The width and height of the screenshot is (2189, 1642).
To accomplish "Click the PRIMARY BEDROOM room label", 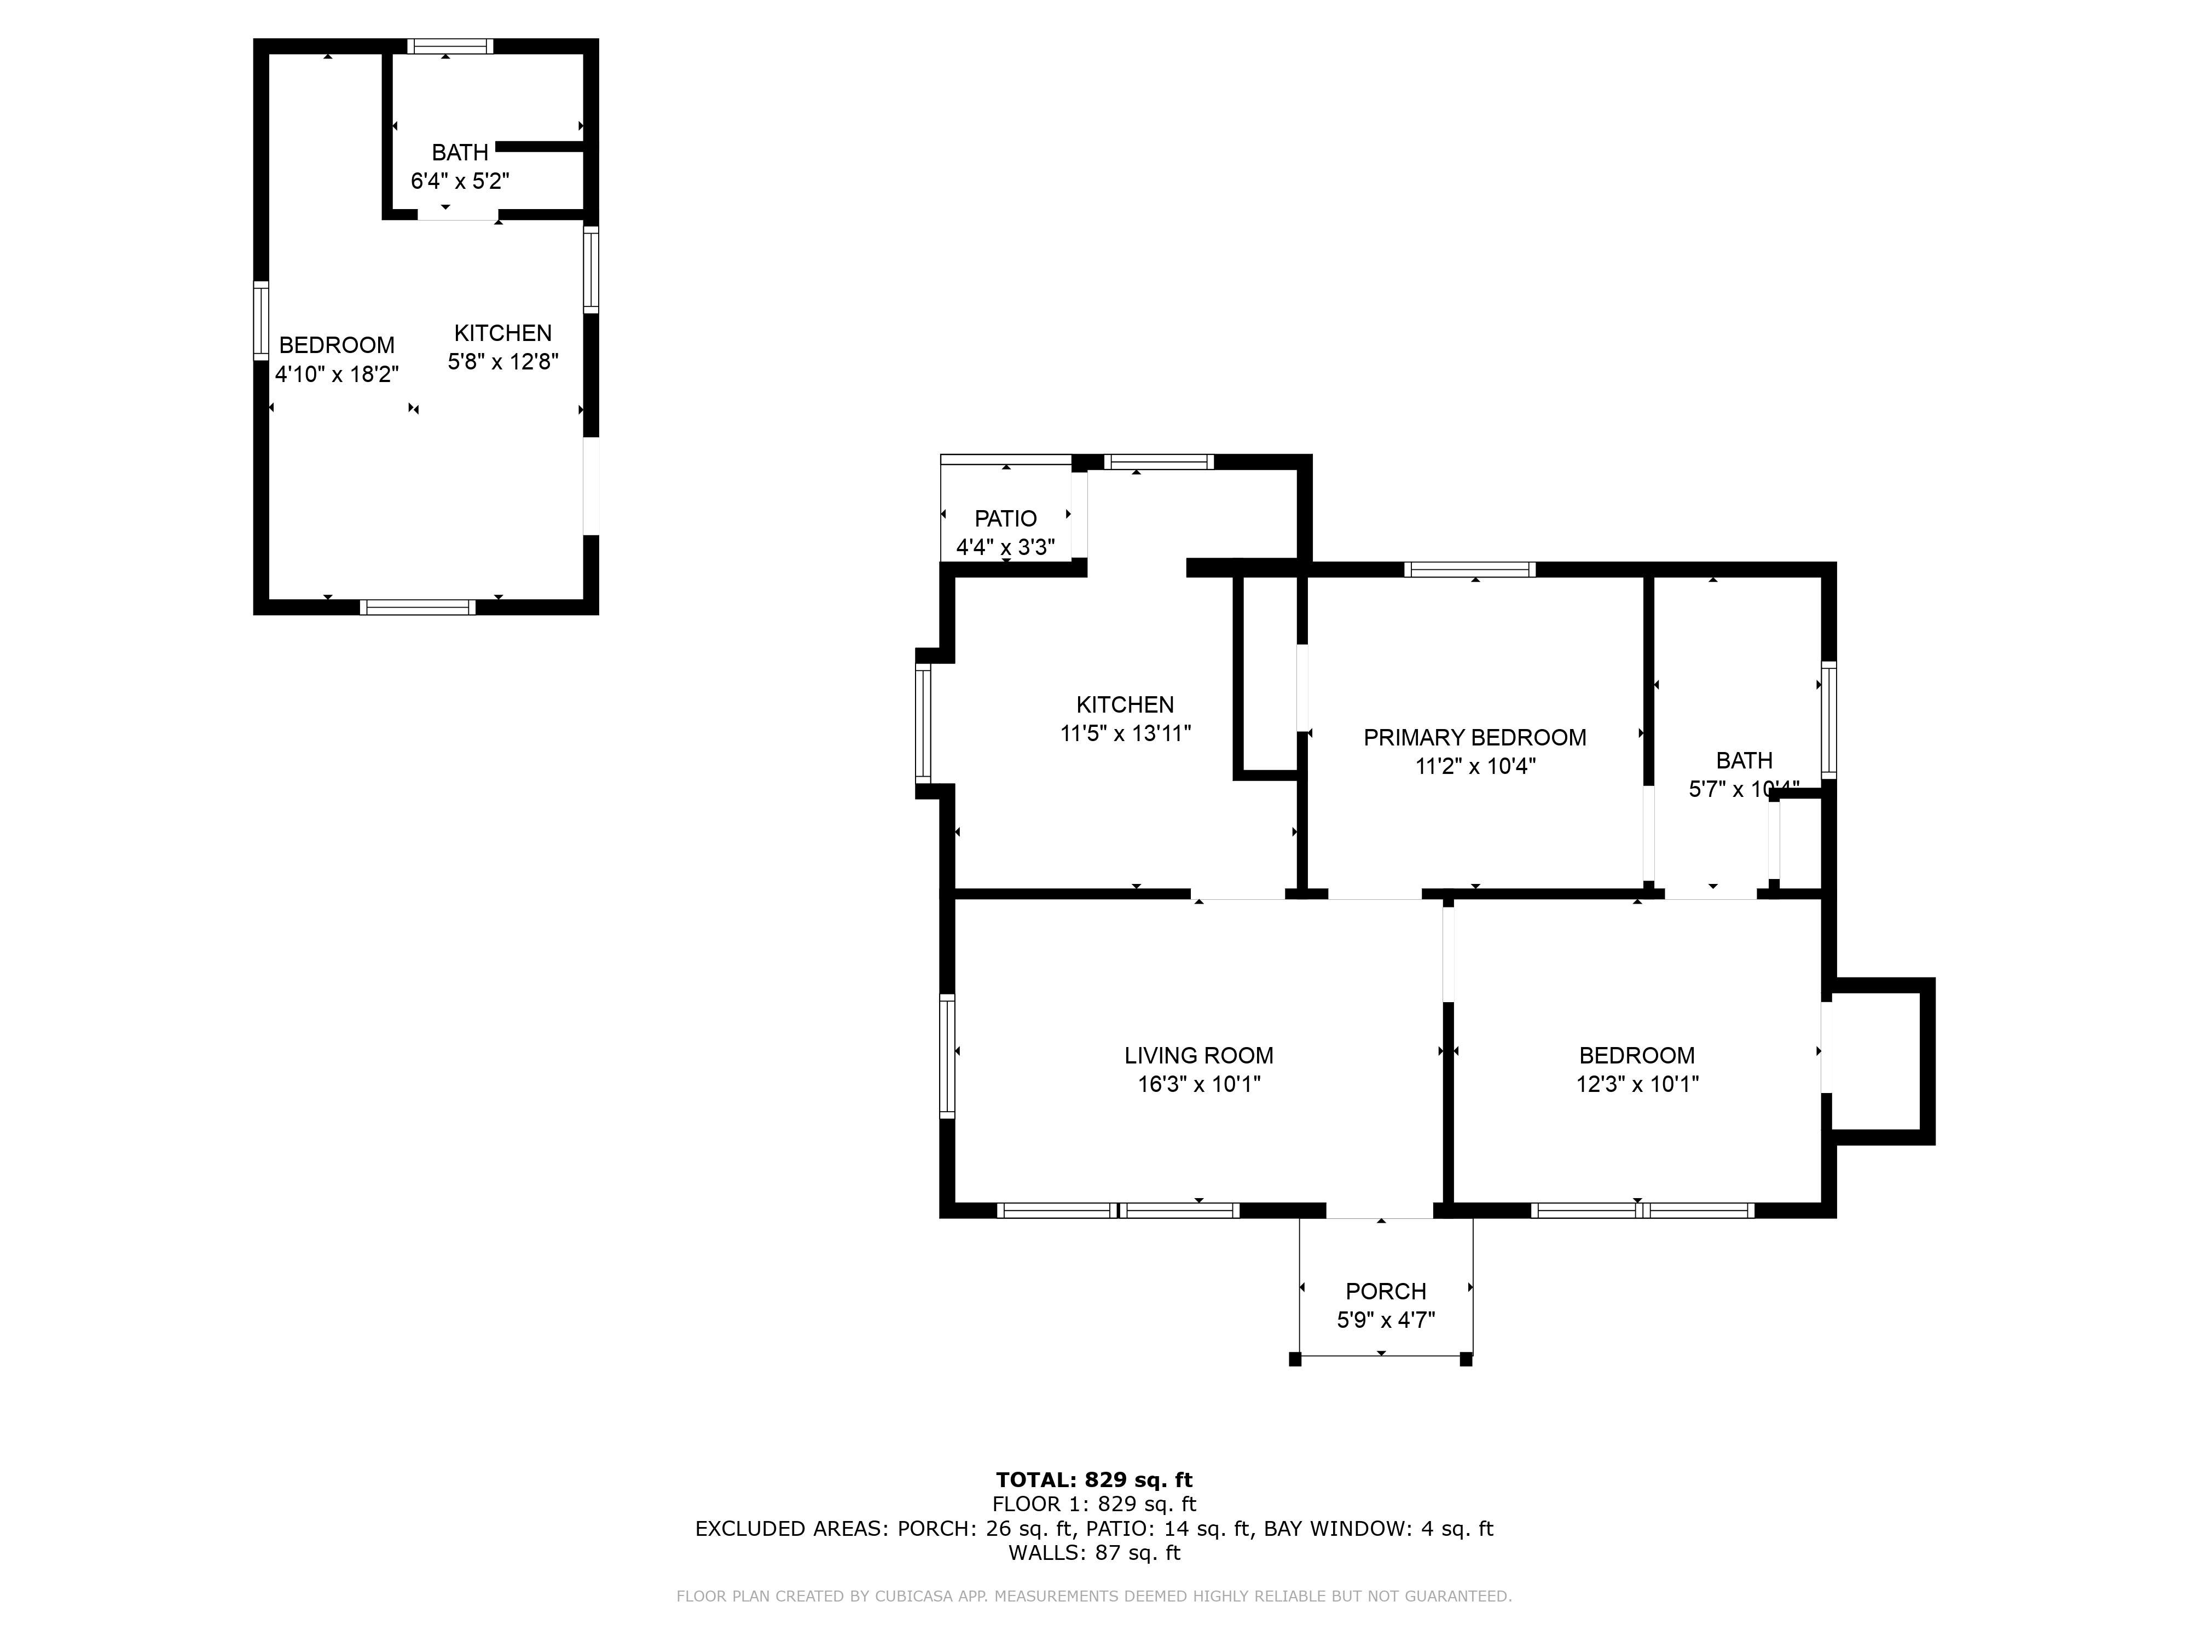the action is click(x=1474, y=737).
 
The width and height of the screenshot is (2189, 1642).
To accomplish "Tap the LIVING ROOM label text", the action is click(x=1198, y=1055).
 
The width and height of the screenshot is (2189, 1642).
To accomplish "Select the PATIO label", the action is click(x=1005, y=519).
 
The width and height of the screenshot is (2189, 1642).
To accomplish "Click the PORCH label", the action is click(x=1386, y=1292).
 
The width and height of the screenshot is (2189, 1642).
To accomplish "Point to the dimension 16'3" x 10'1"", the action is click(x=1198, y=1084).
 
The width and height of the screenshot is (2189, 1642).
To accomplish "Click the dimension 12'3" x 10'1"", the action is click(x=1637, y=1084).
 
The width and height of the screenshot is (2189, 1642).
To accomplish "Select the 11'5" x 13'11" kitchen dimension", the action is click(x=1125, y=733).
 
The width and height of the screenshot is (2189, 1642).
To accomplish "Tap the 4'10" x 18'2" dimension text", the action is click(x=337, y=374).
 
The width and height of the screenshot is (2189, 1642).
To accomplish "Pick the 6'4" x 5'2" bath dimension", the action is click(x=460, y=181).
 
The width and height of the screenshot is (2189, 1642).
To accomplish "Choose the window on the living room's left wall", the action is click(x=947, y=1056).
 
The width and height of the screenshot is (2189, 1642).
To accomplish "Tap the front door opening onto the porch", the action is click(x=1380, y=1211).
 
